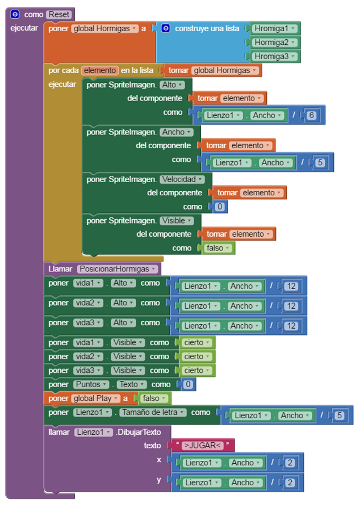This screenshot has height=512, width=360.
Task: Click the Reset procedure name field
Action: [60, 14]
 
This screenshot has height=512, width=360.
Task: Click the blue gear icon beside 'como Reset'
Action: [15, 14]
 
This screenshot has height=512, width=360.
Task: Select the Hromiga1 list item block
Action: [274, 28]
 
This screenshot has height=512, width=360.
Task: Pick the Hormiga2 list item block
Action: [274, 42]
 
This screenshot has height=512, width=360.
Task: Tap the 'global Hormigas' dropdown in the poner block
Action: [105, 28]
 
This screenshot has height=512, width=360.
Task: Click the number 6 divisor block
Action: [311, 115]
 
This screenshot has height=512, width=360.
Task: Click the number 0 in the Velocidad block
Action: [220, 207]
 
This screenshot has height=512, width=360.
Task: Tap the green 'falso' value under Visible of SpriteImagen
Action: [218, 249]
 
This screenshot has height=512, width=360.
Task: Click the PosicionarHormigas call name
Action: [118, 268]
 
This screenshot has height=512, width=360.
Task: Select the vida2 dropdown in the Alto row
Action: [88, 303]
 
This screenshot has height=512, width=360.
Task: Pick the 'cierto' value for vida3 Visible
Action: [196, 371]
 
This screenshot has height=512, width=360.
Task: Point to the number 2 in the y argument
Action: [290, 482]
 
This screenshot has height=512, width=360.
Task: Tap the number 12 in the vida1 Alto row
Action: [291, 286]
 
